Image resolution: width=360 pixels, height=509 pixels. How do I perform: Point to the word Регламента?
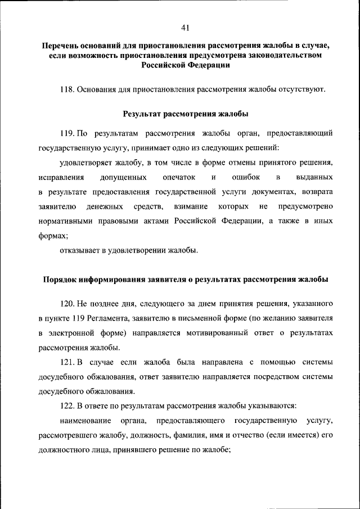click(106, 318)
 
